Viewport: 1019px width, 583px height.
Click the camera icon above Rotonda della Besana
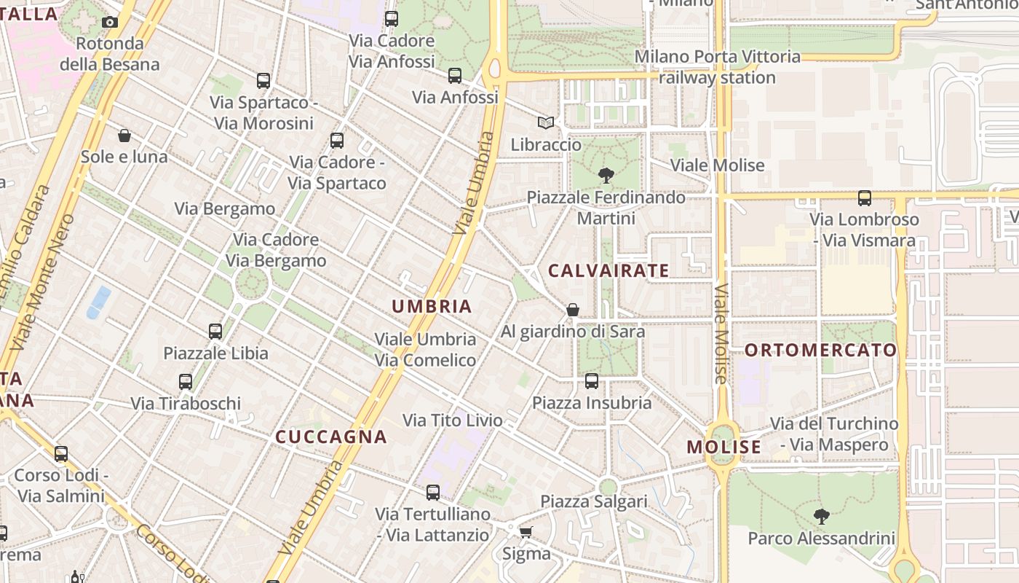click(110, 22)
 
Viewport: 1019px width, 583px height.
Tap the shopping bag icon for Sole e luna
click(124, 136)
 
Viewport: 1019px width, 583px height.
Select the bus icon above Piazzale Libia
click(215, 332)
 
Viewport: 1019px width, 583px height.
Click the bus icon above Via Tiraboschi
click(186, 382)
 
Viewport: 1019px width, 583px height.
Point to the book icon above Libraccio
click(546, 123)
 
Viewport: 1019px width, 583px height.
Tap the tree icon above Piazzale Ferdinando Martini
click(606, 175)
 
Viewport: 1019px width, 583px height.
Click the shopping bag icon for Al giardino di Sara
click(573, 310)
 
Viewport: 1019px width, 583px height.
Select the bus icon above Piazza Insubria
click(592, 381)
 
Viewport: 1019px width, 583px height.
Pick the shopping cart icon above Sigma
click(526, 532)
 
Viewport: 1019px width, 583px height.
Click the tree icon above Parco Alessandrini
click(822, 517)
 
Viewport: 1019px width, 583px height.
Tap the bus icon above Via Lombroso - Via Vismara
click(864, 197)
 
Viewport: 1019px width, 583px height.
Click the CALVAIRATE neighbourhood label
click(608, 270)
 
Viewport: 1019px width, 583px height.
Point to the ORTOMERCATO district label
click(820, 351)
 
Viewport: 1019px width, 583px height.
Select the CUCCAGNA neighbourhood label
click(331, 437)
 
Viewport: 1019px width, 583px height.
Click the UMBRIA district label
click(432, 307)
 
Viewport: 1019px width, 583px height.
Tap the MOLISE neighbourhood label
click(724, 447)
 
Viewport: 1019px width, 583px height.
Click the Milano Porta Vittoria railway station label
click(718, 67)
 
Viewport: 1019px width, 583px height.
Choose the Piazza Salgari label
click(594, 501)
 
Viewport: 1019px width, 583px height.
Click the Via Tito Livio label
click(453, 420)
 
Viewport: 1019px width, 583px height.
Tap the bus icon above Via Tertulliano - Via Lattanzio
click(433, 493)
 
